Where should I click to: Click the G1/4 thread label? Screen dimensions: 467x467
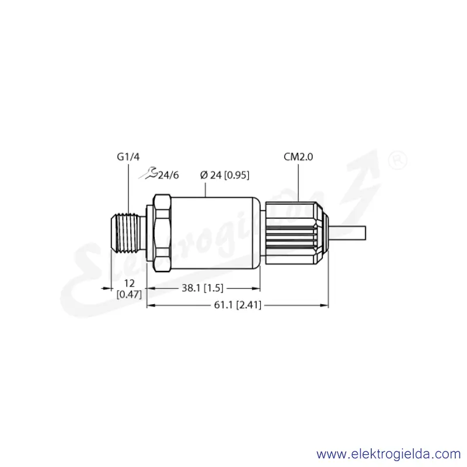click(x=128, y=156)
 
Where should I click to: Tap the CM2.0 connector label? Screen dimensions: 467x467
click(x=298, y=156)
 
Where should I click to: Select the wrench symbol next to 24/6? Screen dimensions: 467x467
click(x=148, y=173)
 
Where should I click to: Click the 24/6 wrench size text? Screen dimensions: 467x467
click(x=168, y=175)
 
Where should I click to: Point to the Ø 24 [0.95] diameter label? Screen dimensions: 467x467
click(x=225, y=175)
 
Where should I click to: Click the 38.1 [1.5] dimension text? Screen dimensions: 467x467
click(x=203, y=288)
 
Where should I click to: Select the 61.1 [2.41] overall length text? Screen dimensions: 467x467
click(x=238, y=305)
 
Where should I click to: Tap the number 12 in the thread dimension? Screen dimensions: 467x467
click(x=129, y=283)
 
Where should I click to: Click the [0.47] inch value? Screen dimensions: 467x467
click(x=129, y=295)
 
